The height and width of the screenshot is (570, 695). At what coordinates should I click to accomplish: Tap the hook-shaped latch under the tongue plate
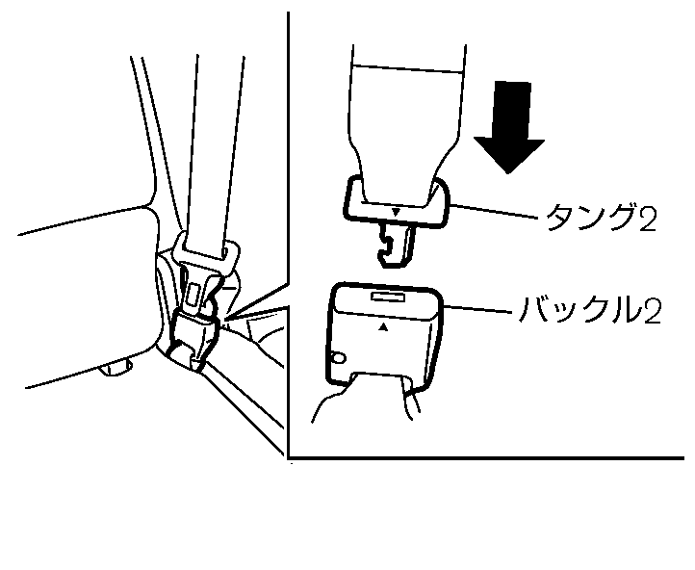tap(397, 244)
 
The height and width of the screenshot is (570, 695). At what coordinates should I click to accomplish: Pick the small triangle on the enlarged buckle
tap(384, 328)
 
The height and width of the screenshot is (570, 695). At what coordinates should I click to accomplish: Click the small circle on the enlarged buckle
tap(338, 358)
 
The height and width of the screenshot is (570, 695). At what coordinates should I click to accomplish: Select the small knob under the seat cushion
tap(117, 365)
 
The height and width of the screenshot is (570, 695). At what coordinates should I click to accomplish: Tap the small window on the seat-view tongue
tap(193, 289)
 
